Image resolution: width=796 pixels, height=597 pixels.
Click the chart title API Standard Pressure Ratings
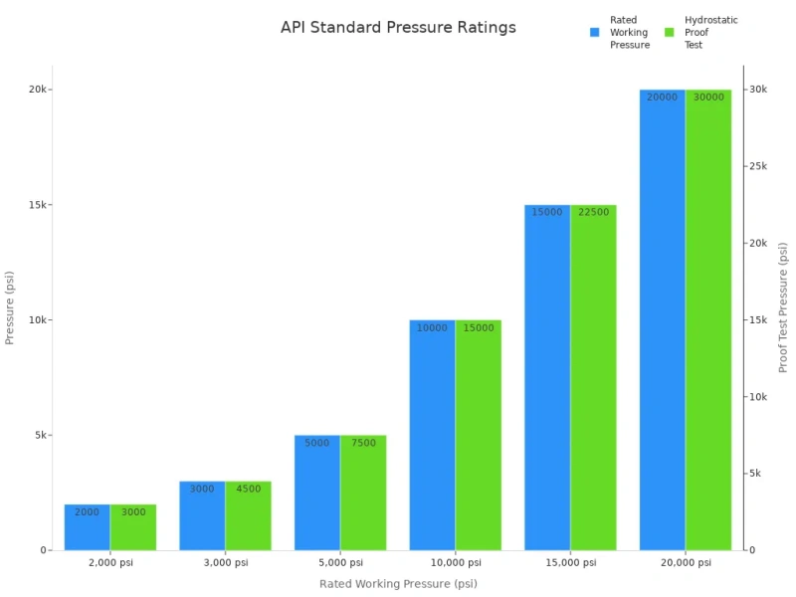(x=398, y=28)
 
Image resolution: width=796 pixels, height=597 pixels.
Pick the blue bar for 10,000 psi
(x=432, y=438)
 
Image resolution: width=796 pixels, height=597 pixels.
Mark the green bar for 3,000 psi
(x=248, y=517)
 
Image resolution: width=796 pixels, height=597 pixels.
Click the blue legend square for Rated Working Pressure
(x=595, y=32)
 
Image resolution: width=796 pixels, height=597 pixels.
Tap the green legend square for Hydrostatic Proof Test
(x=670, y=32)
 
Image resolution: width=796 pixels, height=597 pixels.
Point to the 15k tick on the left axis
(x=40, y=205)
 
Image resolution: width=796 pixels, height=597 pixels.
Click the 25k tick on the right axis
(x=758, y=166)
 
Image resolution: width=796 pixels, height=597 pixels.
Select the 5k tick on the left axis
(x=40, y=435)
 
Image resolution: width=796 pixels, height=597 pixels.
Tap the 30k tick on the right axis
(x=758, y=90)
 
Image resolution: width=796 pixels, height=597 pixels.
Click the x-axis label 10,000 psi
(x=455, y=563)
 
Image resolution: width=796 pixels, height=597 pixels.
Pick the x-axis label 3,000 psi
(x=225, y=563)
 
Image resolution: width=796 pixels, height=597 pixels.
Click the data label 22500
(x=593, y=213)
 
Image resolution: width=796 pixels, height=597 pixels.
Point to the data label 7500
(x=363, y=443)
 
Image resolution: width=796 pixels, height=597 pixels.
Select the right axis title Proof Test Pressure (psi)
(x=783, y=306)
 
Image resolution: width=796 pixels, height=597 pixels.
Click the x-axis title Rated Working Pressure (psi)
(x=398, y=584)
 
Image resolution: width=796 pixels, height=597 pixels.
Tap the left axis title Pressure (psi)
(x=10, y=307)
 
